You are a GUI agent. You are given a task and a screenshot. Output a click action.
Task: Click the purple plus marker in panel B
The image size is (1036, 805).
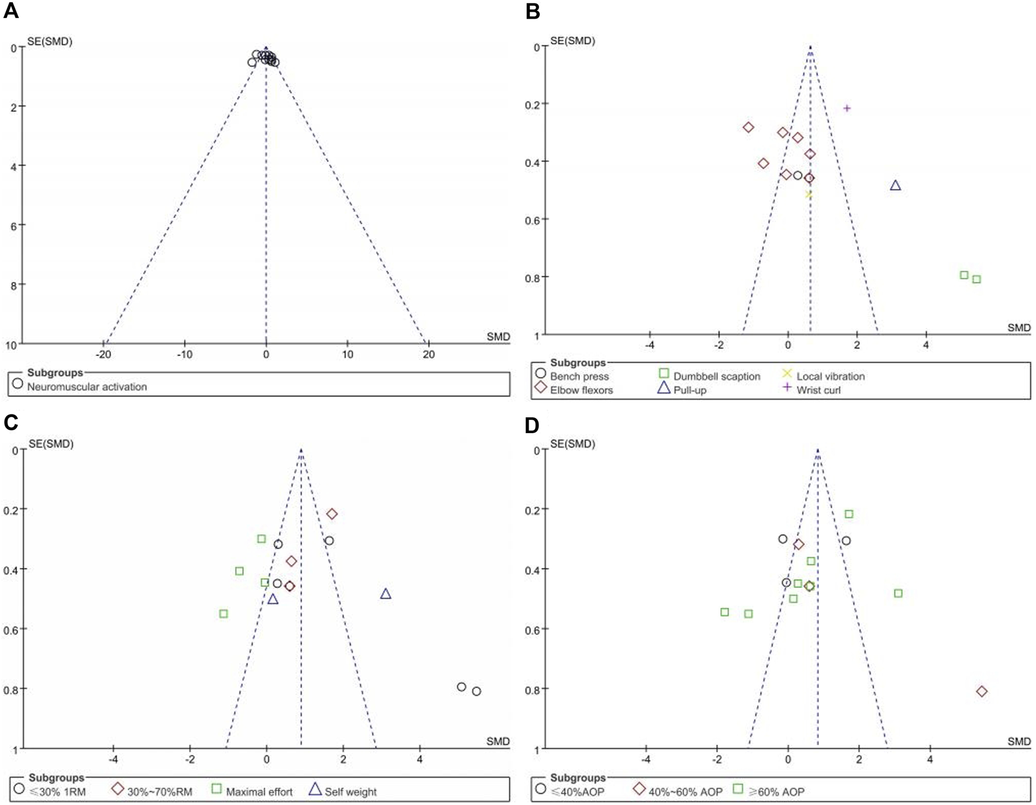[x=847, y=108]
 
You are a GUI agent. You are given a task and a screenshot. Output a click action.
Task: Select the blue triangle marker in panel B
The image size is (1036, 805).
[x=895, y=185]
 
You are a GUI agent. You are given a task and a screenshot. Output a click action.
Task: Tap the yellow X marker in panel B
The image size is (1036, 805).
[x=809, y=195]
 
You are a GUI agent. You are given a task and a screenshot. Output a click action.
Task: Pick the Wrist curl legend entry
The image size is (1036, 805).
[x=818, y=390]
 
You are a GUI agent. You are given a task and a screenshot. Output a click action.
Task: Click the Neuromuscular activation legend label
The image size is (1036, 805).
[x=87, y=386]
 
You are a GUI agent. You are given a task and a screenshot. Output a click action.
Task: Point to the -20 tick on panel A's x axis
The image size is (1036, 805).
[x=103, y=354]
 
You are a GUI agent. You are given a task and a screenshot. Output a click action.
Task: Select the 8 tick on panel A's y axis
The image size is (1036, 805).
[x=13, y=285]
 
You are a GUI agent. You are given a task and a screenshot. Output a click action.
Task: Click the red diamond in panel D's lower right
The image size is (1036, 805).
[x=982, y=692]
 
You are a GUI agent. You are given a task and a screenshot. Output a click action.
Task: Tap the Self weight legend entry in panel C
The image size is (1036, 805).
[x=350, y=792]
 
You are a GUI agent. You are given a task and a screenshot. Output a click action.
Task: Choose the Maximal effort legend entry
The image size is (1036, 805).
[x=259, y=792]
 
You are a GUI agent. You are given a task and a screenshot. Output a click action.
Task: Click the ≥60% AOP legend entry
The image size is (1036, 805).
[x=776, y=792]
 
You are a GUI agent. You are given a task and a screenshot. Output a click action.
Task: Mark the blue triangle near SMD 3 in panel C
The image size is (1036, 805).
[x=385, y=594]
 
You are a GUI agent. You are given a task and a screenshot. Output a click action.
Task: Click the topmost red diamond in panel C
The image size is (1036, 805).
[x=332, y=514]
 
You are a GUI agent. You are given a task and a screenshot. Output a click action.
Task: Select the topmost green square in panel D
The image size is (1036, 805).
[x=849, y=514]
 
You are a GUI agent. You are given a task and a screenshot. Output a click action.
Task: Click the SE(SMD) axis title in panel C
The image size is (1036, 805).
[x=51, y=444]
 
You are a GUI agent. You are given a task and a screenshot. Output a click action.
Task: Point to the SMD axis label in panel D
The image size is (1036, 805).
[x=1018, y=741]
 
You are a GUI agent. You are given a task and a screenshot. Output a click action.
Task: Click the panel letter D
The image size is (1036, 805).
[x=532, y=425]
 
